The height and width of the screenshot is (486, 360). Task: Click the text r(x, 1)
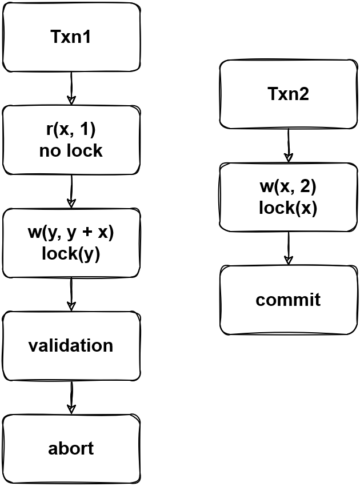[x=71, y=130]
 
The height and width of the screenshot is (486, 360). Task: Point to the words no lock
[x=71, y=151]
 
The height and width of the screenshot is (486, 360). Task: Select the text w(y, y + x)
[x=71, y=233]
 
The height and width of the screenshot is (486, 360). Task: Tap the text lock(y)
[x=71, y=254]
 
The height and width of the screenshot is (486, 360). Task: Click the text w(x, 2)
[x=288, y=188]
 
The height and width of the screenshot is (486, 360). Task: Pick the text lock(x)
[x=288, y=208]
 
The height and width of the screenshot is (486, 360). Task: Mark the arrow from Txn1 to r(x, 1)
[x=71, y=89]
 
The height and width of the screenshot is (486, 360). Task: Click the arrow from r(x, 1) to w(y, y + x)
[x=71, y=192]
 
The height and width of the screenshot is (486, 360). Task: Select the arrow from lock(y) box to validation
[x=71, y=294]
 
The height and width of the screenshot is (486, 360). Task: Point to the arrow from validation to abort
[x=71, y=397]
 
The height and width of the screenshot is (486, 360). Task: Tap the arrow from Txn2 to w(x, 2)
[x=288, y=146]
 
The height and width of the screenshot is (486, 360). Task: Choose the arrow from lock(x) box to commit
[x=288, y=249]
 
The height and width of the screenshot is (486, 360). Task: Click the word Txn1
[x=71, y=37]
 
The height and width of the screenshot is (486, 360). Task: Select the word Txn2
[x=288, y=94]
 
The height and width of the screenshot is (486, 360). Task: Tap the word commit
[x=288, y=300]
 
